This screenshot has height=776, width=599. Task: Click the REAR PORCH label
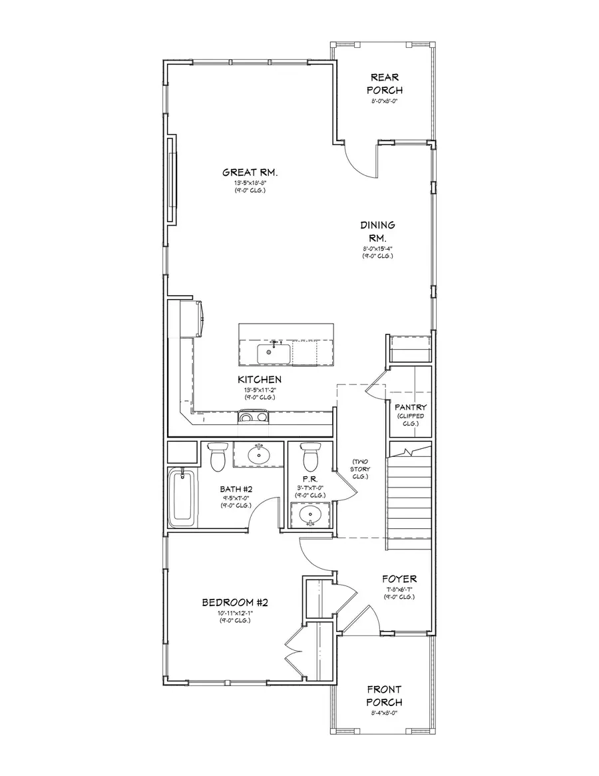click(386, 84)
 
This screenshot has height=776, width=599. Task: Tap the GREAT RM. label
click(250, 173)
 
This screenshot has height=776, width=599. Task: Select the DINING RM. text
click(378, 231)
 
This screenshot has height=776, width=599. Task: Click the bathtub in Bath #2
click(182, 498)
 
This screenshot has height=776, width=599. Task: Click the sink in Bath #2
click(258, 455)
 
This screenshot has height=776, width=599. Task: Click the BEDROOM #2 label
click(234, 603)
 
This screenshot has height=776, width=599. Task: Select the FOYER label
click(399, 579)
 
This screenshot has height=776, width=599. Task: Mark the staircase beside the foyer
click(410, 496)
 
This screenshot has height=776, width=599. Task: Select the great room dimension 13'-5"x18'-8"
click(250, 183)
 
